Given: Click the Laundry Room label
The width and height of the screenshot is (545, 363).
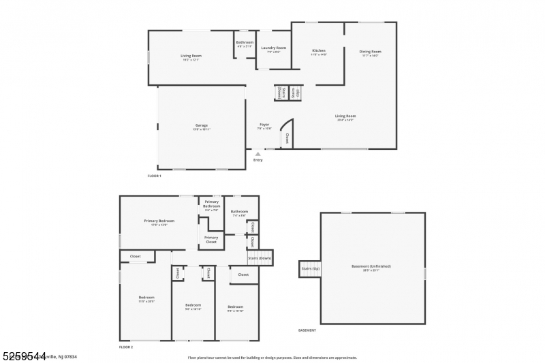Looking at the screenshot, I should pyautogui.click(x=273, y=49).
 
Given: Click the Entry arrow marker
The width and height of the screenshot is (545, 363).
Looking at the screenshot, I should pyautogui.click(x=258, y=155).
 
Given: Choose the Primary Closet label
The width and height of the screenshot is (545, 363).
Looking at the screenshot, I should pyautogui.click(x=211, y=239).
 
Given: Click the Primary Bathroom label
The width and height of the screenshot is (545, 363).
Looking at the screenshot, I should pyautogui.click(x=211, y=205).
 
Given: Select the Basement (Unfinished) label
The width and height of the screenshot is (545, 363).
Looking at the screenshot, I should pyautogui.click(x=371, y=267).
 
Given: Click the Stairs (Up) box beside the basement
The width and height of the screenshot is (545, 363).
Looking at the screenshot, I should pyautogui.click(x=310, y=268).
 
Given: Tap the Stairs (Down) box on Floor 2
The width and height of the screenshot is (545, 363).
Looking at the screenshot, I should pyautogui.click(x=260, y=258).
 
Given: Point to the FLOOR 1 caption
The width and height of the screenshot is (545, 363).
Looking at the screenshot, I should pyautogui.click(x=155, y=176).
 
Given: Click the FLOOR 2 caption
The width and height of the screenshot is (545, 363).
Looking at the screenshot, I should pyautogui.click(x=126, y=347).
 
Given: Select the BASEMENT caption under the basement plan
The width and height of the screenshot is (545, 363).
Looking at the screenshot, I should pyautogui.click(x=307, y=330).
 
